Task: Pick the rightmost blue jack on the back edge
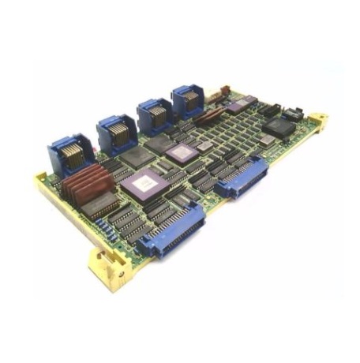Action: tap(189, 101)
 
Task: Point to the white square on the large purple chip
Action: tap(144, 185)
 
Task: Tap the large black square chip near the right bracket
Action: tap(279, 128)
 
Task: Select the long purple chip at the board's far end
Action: tap(239, 103)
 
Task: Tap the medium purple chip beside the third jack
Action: tap(182, 152)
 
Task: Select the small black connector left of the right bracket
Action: tap(294, 113)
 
